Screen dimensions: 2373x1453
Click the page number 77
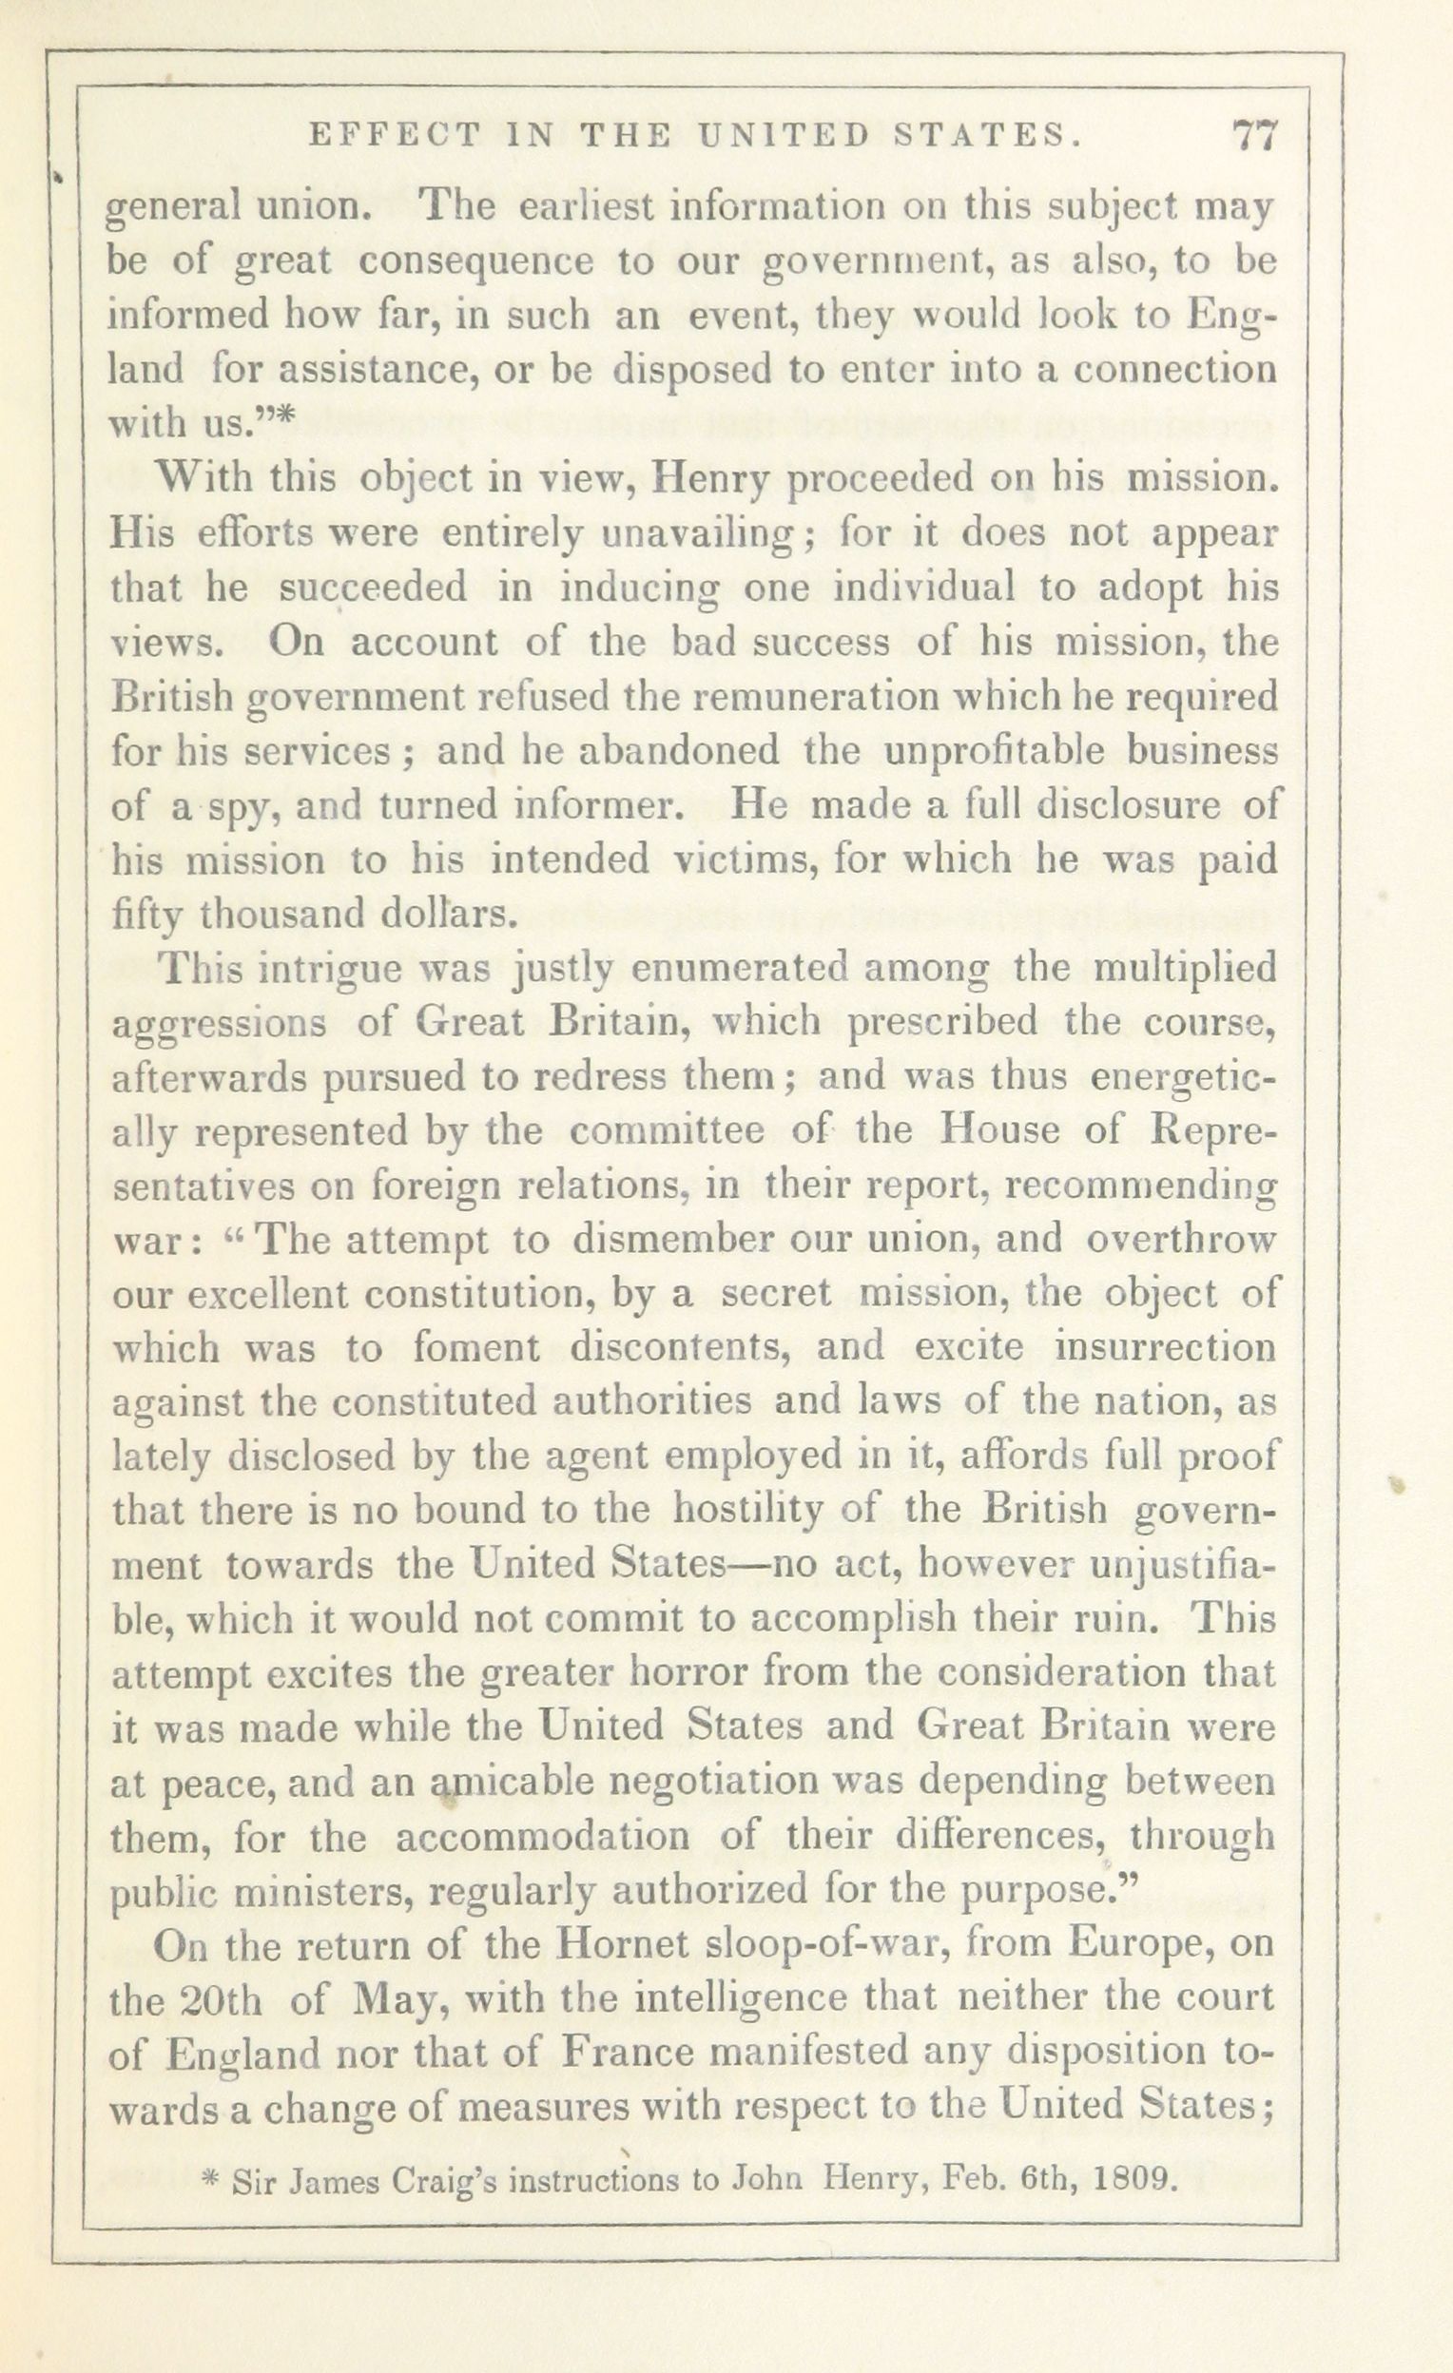(x=1253, y=136)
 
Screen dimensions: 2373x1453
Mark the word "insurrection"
(x=1165, y=1346)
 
